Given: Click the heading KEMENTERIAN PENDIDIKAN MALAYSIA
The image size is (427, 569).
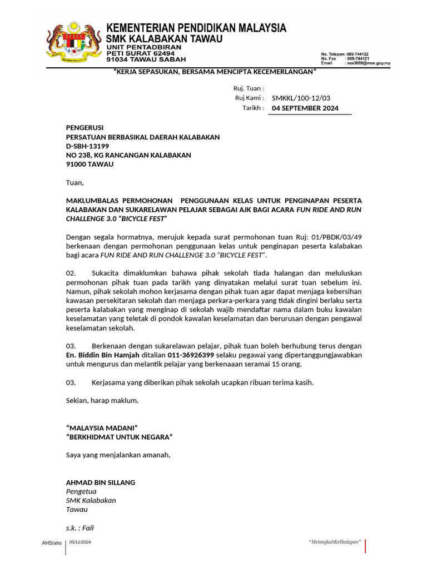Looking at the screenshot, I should pyautogui.click(x=196, y=28).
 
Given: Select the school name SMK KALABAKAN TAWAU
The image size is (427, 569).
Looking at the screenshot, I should pyautogui.click(x=164, y=39).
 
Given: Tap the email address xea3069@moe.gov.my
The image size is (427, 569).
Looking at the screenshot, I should pyautogui.click(x=368, y=63).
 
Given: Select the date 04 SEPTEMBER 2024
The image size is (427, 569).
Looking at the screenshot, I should pyautogui.click(x=305, y=108).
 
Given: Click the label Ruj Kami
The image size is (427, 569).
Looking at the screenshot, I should pyautogui.click(x=249, y=98).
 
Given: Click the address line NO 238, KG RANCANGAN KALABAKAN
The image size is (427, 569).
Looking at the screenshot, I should pyautogui.click(x=128, y=156).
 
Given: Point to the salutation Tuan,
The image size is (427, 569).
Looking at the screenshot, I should pyautogui.click(x=75, y=182).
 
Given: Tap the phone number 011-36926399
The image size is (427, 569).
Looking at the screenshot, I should pyautogui.click(x=191, y=355).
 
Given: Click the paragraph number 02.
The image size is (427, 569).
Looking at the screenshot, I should pyautogui.click(x=71, y=273).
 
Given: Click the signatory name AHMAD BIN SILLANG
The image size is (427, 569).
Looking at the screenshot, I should pyautogui.click(x=101, y=482).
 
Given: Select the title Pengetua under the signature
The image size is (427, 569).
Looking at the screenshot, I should pyautogui.click(x=81, y=491).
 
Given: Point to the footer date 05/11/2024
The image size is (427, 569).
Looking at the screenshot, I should pyautogui.click(x=80, y=541).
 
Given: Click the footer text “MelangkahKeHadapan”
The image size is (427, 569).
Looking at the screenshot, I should pyautogui.click(x=335, y=542).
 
